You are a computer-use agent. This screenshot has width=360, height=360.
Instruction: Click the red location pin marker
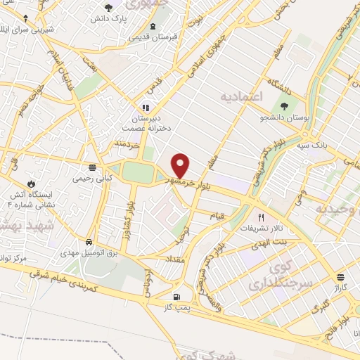point(181,165)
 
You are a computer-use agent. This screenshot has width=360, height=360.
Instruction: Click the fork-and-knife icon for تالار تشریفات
point(262,217)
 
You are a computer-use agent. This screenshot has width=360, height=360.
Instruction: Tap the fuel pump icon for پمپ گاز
point(176,296)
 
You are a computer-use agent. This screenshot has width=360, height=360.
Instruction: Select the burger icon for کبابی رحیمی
point(92,167)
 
